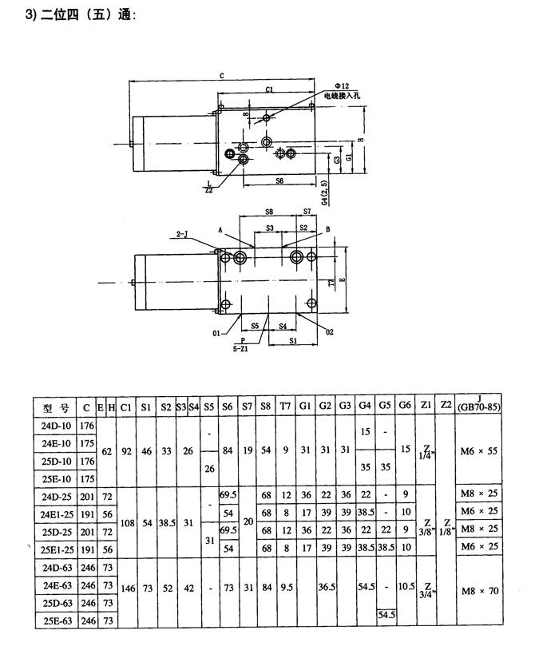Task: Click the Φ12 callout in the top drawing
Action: (x=341, y=85)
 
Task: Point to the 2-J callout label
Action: (x=180, y=233)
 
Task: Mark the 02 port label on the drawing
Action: (x=328, y=330)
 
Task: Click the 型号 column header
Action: (x=55, y=407)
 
